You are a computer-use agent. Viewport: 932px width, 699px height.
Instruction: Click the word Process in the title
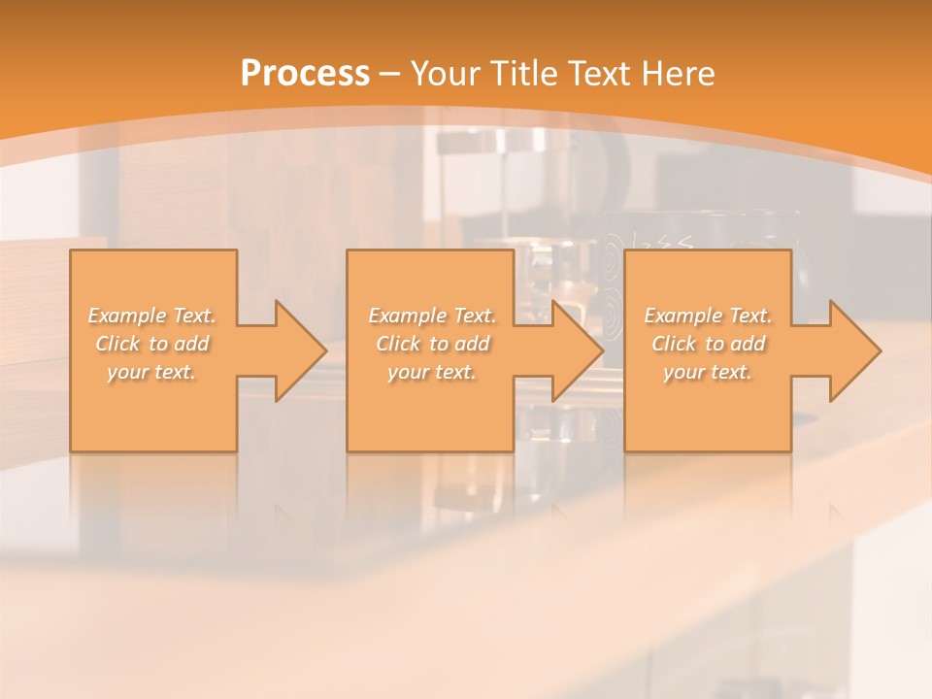(305, 74)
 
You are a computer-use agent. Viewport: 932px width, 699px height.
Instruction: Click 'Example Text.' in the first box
(152, 316)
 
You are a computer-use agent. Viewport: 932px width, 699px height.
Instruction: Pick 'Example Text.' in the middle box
(432, 316)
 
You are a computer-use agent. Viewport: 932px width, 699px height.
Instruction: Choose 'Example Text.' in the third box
(708, 316)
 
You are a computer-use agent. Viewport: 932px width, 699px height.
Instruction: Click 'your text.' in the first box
(152, 372)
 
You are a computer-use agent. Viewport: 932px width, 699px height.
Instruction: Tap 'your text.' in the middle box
(432, 372)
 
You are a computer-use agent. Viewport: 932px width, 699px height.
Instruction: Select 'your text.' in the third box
(708, 372)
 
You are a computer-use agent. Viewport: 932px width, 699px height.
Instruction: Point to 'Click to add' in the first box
(152, 344)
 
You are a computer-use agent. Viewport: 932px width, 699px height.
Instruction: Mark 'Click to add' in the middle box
(432, 344)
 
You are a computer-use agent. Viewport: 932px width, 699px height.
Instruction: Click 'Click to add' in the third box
(708, 344)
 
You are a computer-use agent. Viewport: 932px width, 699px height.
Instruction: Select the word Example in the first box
(127, 316)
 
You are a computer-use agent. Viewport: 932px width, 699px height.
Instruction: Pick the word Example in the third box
(682, 316)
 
